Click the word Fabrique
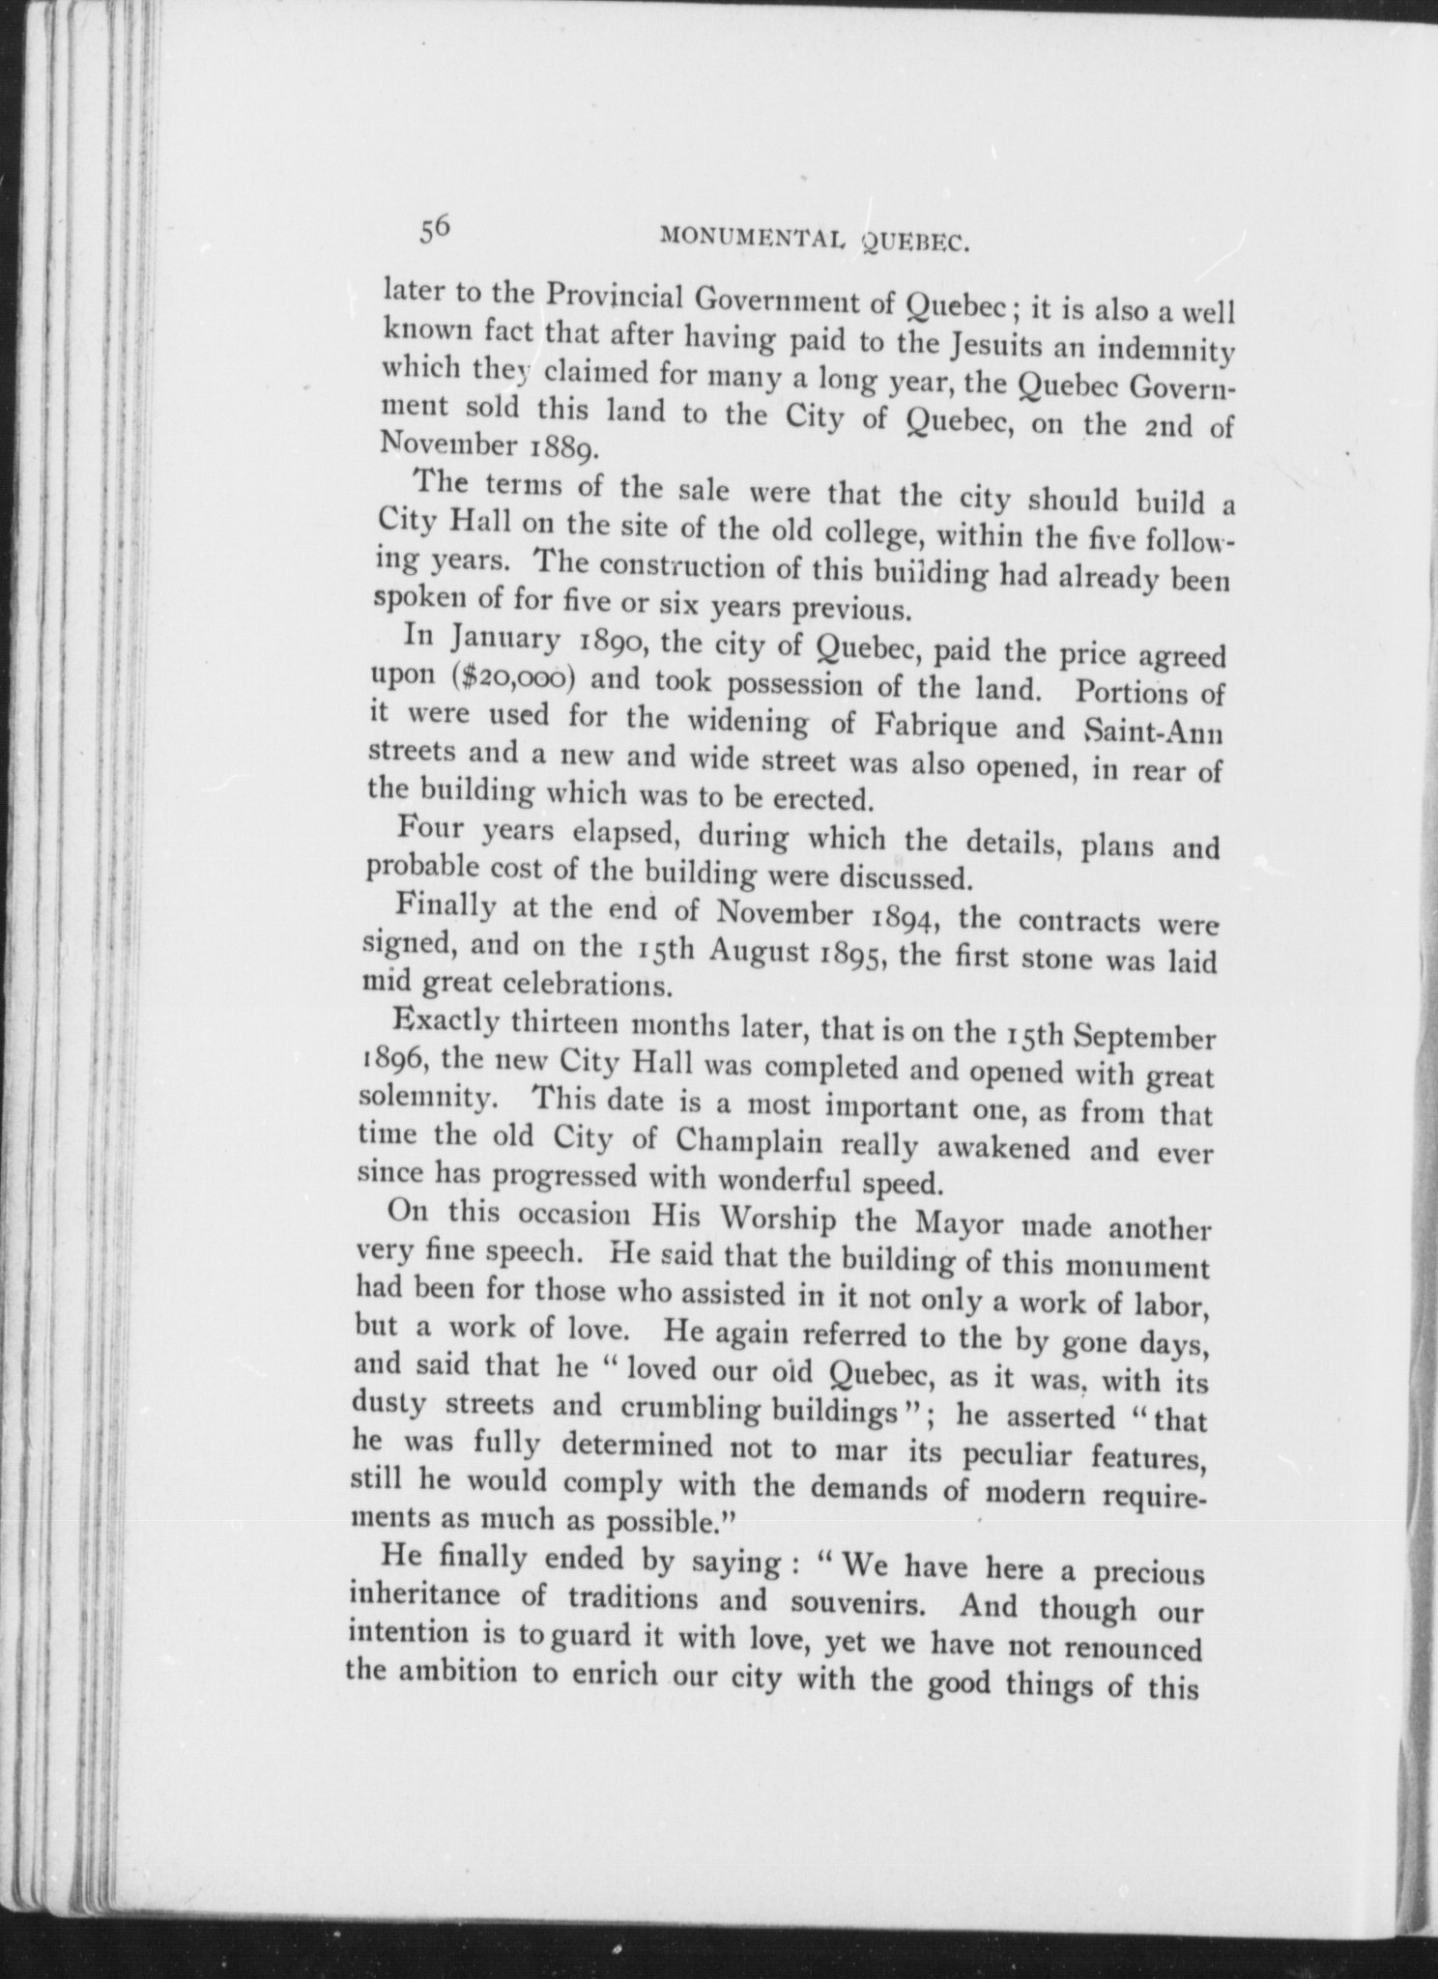(x=926, y=725)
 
